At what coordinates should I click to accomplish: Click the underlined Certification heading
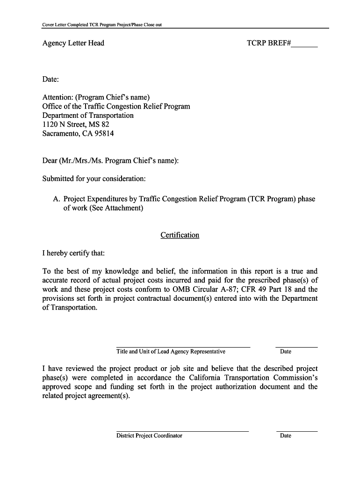click(x=180, y=235)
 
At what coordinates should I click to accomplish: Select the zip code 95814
click(x=103, y=133)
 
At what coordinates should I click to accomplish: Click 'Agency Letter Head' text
click(x=73, y=44)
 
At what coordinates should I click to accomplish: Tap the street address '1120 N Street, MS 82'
click(x=75, y=124)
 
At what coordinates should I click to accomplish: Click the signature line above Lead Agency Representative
click(x=183, y=347)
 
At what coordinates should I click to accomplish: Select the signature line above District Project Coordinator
click(x=182, y=431)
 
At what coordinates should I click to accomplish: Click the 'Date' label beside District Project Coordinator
click(x=285, y=436)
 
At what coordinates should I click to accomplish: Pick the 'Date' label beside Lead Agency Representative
click(x=285, y=352)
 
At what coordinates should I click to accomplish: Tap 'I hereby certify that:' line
click(x=74, y=253)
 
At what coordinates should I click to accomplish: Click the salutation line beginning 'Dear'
click(x=110, y=161)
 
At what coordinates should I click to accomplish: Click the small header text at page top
click(x=102, y=24)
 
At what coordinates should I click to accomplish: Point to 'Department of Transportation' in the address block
click(x=88, y=116)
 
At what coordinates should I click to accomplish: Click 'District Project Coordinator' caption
click(x=149, y=436)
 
